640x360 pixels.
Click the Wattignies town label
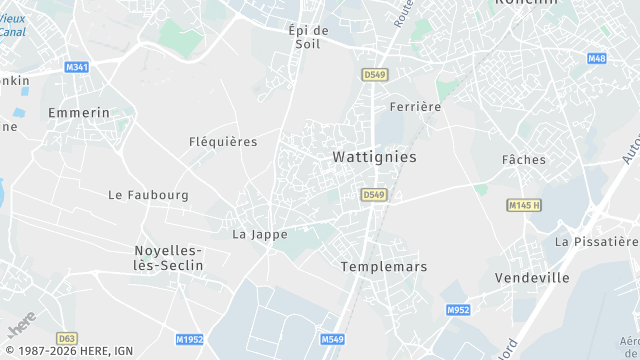(x=373, y=157)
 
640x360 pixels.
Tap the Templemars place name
(x=383, y=267)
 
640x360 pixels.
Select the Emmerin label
(x=79, y=113)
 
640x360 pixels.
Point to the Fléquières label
(x=223, y=142)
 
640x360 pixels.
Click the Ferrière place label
(x=415, y=107)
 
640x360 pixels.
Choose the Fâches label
(x=524, y=160)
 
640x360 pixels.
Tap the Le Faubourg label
(x=148, y=195)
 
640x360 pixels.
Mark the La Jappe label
(x=260, y=235)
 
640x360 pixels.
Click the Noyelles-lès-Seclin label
(x=168, y=258)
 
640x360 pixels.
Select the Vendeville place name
(x=532, y=277)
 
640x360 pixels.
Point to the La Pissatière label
(x=596, y=242)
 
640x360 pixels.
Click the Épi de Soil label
(x=308, y=38)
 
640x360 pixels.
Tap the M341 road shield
(x=77, y=67)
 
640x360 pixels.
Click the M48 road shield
(x=597, y=59)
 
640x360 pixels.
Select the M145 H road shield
(x=523, y=205)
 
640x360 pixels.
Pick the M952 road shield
(x=458, y=310)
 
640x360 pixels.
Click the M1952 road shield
(x=189, y=340)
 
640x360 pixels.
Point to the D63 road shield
(x=67, y=339)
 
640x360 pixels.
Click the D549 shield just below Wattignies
(x=373, y=194)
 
